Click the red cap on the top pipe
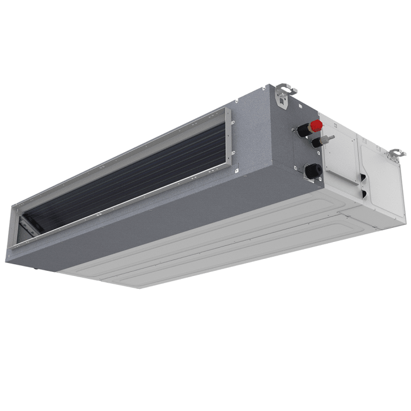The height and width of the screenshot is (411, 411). [316, 125]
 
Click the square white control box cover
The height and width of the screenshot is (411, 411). [341, 156]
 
